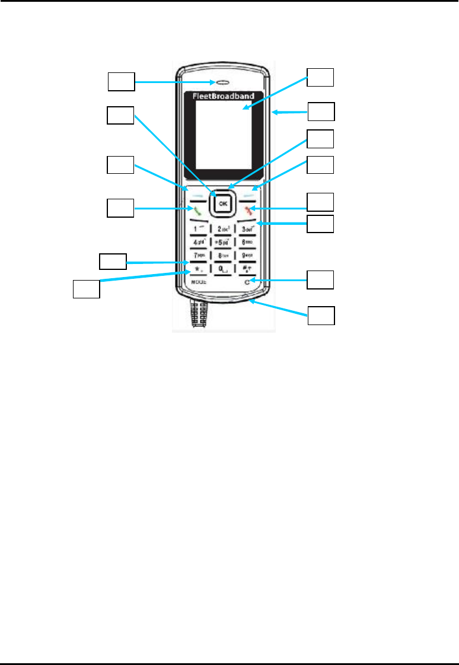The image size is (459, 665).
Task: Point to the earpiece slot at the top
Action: coord(223,82)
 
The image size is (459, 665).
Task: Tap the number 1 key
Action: coord(198,228)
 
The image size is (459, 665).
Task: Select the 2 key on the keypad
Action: coord(223,228)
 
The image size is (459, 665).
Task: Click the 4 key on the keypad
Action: coord(198,243)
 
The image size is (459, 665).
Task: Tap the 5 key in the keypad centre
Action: coord(223,243)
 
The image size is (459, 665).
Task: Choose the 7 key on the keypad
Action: coord(198,256)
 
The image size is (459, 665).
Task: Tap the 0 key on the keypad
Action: coord(223,271)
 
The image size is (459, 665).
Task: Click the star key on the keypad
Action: coord(198,271)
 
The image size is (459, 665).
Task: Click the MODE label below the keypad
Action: coord(198,283)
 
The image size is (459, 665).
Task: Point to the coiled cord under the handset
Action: coord(198,314)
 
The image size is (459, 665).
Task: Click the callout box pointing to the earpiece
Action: coord(121,81)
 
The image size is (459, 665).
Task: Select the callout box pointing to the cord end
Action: coord(321,316)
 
